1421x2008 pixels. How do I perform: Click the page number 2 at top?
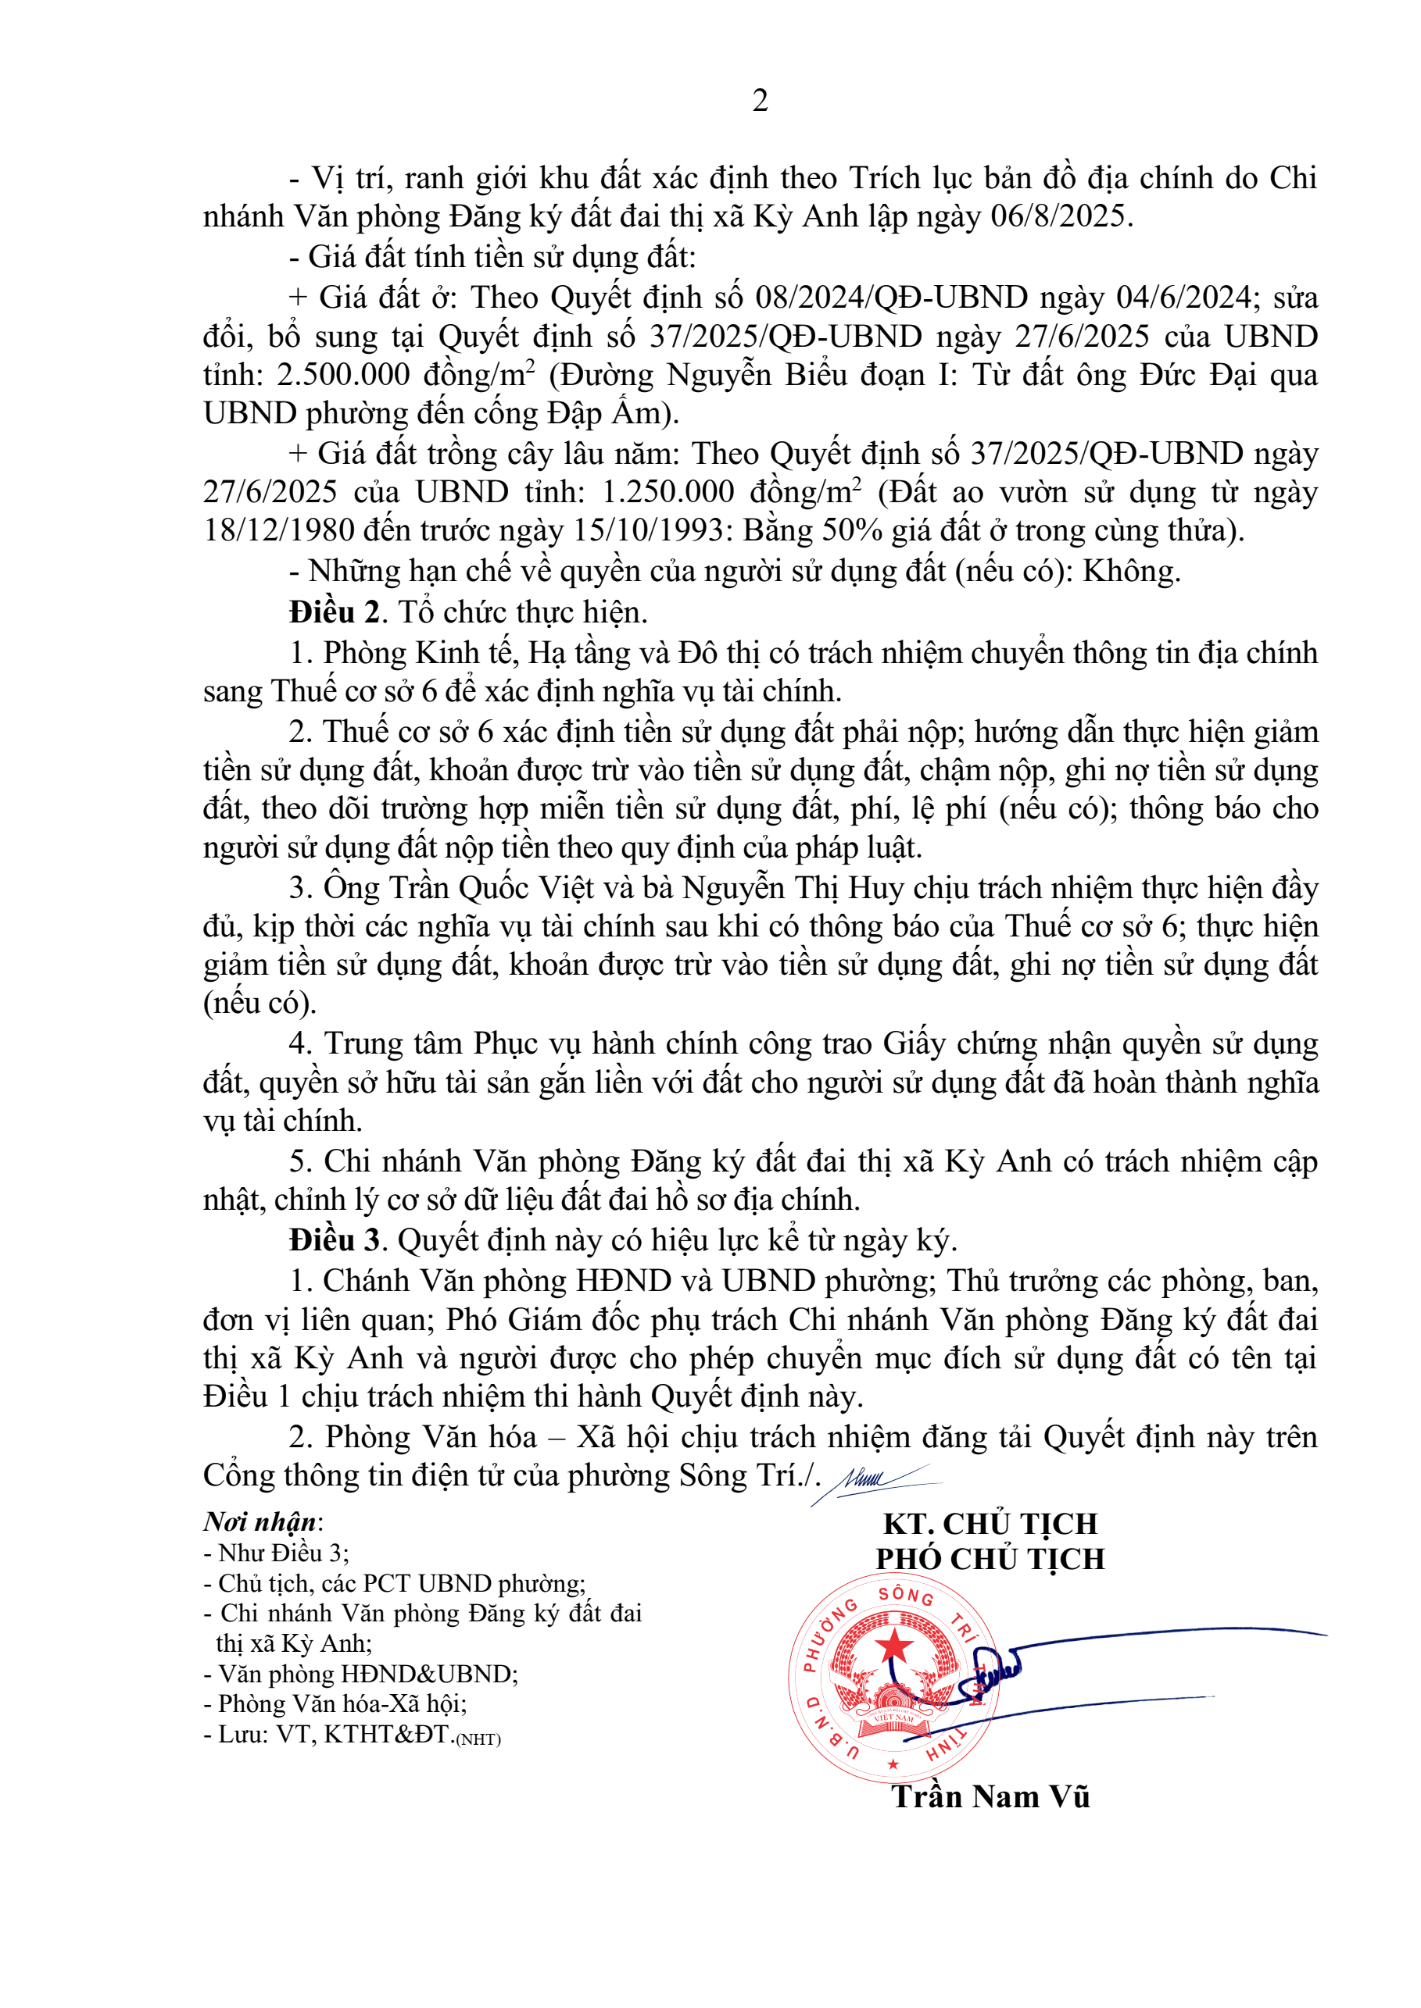pyautogui.click(x=760, y=102)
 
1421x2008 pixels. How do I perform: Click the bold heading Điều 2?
pyautogui.click(x=335, y=612)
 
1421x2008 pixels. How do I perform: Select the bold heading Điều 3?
pyautogui.click(x=335, y=1239)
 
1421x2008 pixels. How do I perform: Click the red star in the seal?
pyautogui.click(x=893, y=1647)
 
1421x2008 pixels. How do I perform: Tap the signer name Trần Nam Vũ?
pyautogui.click(x=990, y=1796)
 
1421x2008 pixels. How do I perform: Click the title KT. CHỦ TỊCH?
pyautogui.click(x=990, y=1524)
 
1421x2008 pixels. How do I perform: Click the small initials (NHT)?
pyautogui.click(x=478, y=1739)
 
